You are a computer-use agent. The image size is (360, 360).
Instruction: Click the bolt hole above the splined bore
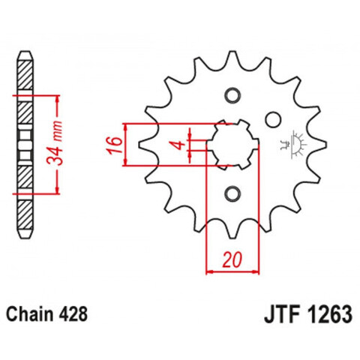tap(232, 95)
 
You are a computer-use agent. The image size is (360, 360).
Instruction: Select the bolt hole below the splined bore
tap(232, 194)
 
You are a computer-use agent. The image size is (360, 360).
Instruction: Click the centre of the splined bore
tap(232, 144)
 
